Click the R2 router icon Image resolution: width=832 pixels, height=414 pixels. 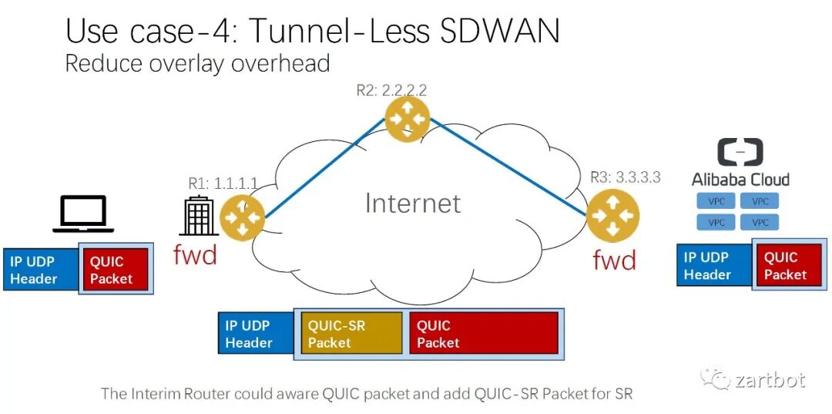pos(407,119)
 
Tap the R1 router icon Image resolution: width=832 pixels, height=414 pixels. pos(242,217)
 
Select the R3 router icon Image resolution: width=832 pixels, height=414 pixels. pos(612,215)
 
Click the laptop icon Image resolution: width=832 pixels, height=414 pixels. pos(83,214)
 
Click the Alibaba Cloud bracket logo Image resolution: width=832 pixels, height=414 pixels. pos(740,153)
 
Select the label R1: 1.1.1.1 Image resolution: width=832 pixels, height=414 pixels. pos(223,183)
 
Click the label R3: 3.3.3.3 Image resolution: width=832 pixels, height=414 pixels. pos(625,177)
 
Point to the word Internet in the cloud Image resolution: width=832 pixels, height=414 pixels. pos(412,203)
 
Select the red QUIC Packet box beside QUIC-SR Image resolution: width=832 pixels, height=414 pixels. pos(484,334)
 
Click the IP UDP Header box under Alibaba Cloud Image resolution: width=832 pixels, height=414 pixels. pos(713,266)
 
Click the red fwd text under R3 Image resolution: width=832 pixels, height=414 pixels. pos(614,261)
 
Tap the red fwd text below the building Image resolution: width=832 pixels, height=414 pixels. pos(195,254)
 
